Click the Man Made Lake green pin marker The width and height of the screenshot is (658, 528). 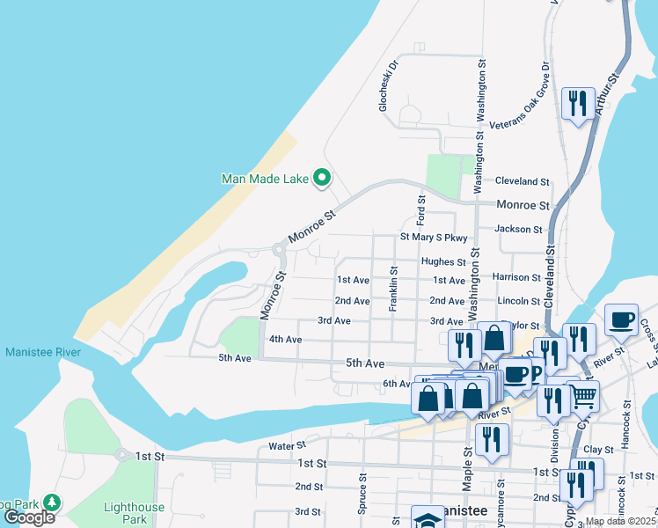321,179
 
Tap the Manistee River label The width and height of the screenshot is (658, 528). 43,352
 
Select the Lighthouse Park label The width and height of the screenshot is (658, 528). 133,513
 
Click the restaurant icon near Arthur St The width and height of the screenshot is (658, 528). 577,104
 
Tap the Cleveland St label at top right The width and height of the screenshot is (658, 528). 522,181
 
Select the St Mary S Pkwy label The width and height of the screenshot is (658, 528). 433,237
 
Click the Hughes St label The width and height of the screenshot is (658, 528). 442,261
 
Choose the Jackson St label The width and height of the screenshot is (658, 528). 518,229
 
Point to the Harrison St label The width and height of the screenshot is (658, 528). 515,277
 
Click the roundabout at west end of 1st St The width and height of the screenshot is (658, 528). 120,455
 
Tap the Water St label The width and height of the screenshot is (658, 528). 287,446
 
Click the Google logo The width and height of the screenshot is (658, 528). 29,517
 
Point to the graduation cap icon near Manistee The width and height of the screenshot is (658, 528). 427,519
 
